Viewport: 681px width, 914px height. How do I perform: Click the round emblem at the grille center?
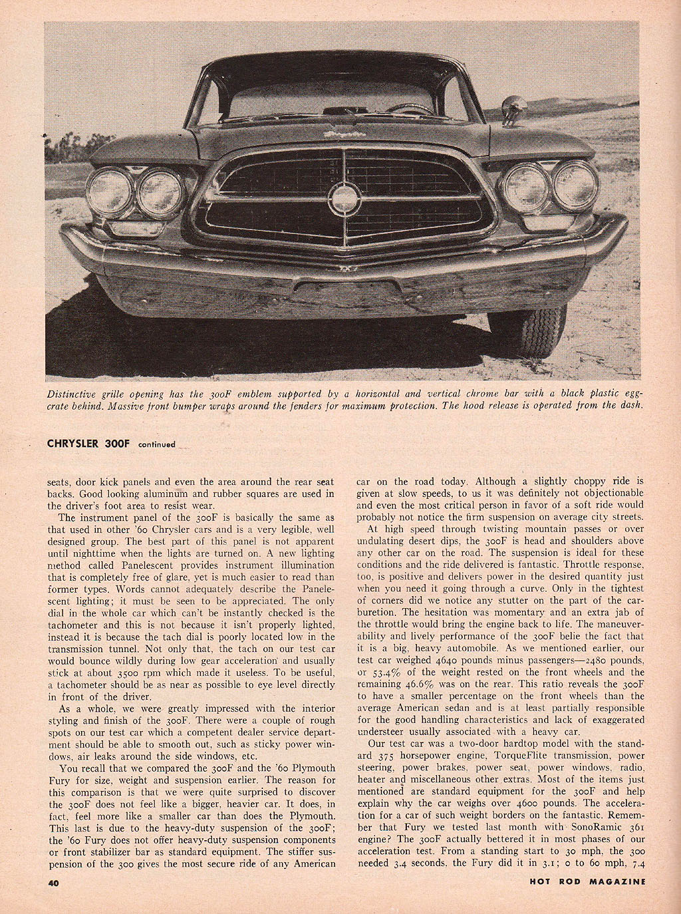click(x=344, y=198)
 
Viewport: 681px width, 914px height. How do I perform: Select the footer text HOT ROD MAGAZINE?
click(x=588, y=882)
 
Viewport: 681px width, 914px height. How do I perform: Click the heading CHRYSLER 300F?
click(x=89, y=444)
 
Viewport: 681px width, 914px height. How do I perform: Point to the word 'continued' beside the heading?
click(x=157, y=444)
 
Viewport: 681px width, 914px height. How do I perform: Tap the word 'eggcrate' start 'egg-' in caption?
click(x=634, y=393)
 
